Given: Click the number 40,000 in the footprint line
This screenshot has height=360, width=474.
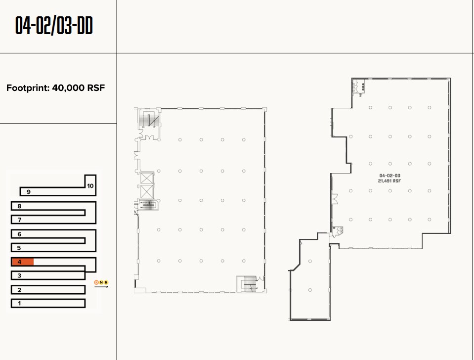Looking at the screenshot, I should (x=68, y=89).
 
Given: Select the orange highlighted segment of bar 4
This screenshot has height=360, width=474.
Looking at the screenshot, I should (x=23, y=262).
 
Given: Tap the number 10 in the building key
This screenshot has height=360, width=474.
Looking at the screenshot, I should (x=90, y=186).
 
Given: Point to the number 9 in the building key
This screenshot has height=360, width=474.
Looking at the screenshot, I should (x=29, y=191).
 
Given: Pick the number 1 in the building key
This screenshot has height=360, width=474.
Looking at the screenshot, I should (x=19, y=303).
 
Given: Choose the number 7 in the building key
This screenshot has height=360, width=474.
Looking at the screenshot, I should (x=19, y=220).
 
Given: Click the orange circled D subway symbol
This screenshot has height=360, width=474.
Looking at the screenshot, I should (x=96, y=282).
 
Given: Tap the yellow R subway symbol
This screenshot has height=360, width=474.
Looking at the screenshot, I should (x=106, y=282).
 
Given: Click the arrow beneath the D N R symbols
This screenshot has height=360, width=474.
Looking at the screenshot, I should (x=101, y=287).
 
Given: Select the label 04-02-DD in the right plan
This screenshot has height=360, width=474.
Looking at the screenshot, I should (x=389, y=176).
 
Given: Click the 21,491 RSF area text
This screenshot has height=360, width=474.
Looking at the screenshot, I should (x=389, y=181).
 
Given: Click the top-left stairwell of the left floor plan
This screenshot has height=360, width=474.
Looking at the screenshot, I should (x=148, y=120).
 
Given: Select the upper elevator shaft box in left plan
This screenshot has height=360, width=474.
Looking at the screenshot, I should (x=147, y=179).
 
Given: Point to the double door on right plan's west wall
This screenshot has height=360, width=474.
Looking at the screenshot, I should (x=335, y=199).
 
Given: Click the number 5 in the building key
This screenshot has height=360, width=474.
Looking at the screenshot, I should (x=19, y=248).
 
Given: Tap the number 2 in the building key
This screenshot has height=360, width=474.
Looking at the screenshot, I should (x=19, y=290).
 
